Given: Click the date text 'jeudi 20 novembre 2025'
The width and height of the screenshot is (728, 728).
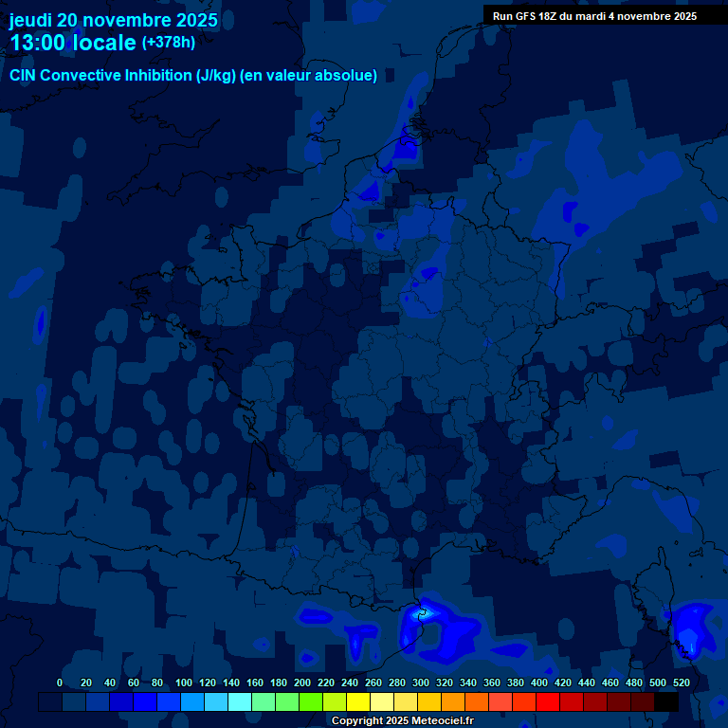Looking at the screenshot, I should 114,20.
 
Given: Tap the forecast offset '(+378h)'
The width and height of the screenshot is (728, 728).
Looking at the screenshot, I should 169,43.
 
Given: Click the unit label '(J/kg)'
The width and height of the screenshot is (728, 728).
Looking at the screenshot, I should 217,76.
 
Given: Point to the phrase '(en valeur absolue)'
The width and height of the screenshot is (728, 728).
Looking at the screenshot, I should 309,76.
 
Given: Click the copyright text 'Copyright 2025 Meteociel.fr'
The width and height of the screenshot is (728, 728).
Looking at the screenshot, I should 402,721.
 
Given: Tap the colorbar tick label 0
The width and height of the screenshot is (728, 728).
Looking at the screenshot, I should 60,682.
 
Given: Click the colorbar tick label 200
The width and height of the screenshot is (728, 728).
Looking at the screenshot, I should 302,682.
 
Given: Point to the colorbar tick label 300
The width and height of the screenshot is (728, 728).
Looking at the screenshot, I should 421,682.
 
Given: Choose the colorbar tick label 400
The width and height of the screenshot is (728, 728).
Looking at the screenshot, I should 539,682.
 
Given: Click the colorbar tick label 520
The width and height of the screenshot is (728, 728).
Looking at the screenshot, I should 681,682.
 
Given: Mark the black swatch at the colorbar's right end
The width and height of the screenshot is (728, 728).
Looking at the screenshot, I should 666,701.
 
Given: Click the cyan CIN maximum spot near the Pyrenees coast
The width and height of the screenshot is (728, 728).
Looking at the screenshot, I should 424,612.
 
